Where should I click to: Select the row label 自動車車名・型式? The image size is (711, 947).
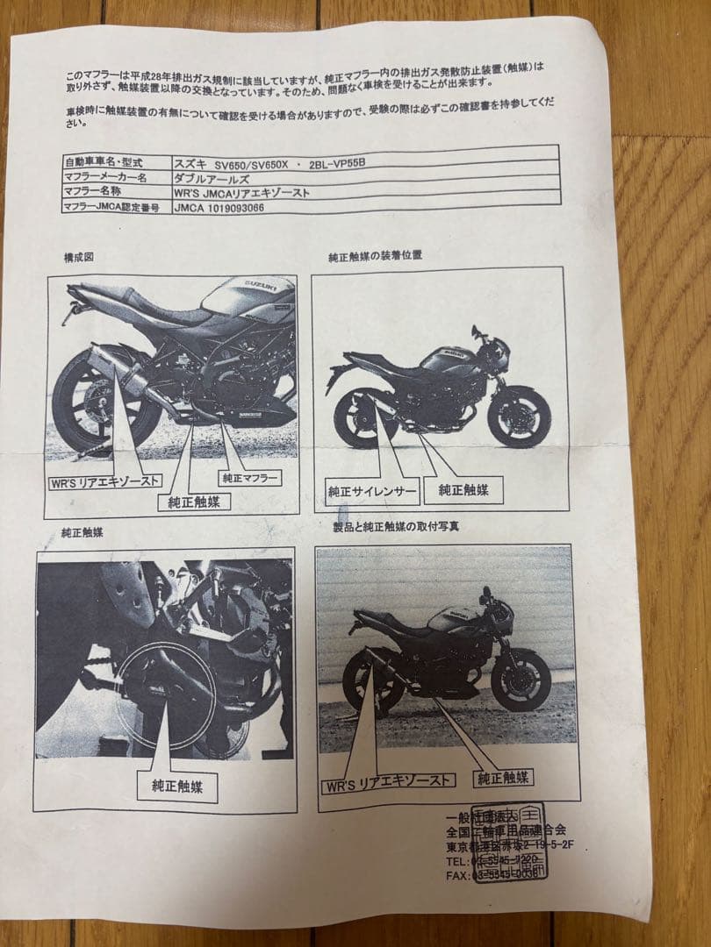tap(104, 163)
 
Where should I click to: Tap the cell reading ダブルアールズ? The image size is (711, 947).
tap(211, 178)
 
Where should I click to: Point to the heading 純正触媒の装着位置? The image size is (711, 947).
tap(375, 256)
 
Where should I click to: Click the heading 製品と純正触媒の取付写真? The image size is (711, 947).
tap(395, 526)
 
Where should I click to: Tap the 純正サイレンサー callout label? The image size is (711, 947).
tap(371, 490)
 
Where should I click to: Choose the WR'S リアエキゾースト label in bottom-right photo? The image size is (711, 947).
tap(390, 780)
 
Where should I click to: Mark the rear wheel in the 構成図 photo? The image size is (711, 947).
tap(88, 404)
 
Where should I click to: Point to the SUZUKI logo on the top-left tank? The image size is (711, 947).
tap(269, 287)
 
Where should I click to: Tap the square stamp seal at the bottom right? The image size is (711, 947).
tap(509, 842)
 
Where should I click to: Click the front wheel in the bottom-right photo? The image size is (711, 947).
tap(521, 680)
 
